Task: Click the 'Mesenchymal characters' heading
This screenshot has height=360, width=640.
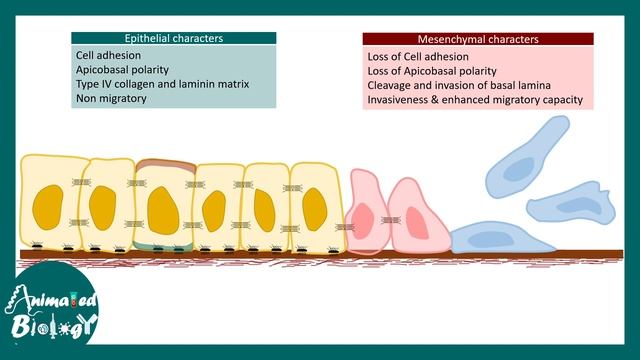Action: [x=478, y=39]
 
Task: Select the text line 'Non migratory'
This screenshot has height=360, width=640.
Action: [x=111, y=99]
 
